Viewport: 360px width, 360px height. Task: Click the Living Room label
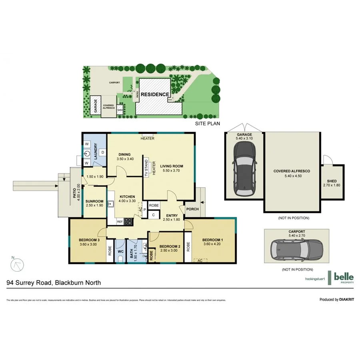click(x=172, y=166)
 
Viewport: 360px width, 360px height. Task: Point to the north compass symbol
click(x=18, y=264)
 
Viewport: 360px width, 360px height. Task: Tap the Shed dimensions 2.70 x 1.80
click(x=332, y=185)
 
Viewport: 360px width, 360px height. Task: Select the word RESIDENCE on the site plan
click(x=154, y=94)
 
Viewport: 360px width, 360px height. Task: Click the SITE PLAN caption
click(x=208, y=124)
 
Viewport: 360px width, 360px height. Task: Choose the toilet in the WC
click(x=120, y=259)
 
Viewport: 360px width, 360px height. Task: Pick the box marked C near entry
click(x=153, y=215)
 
